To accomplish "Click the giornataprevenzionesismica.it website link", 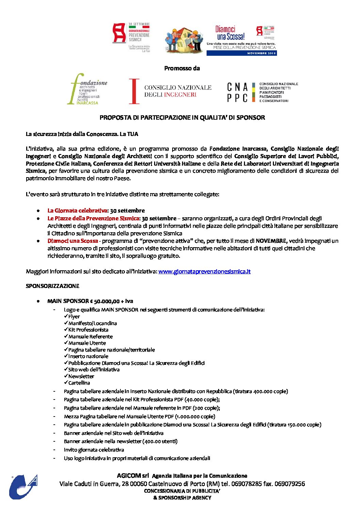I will pos(204,271).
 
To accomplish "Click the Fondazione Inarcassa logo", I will pos(87,89).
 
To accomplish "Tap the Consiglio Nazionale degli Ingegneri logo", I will pos(170,91).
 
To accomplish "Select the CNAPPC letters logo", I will pos(238,92).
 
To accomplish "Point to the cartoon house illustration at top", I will pos(184,40).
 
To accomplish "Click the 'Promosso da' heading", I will pos(182,68).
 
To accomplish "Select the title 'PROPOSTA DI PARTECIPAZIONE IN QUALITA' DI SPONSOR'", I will pos(182,118).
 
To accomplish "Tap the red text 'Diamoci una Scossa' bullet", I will pos(72,241).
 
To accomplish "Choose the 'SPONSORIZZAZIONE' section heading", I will pos(52,286).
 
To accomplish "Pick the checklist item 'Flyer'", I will pos(74,317).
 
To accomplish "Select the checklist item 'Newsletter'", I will pos(81,376).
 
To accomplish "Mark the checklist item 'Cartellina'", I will pos(79,383).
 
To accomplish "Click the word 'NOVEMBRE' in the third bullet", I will pos(271,241).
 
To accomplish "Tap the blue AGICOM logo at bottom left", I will pos(23,487).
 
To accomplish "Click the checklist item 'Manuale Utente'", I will pos(87,343).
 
